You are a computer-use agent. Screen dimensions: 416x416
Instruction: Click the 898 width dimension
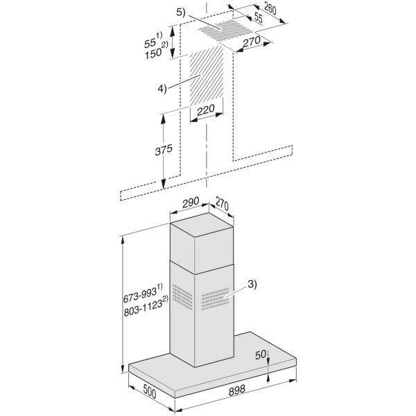point(236,390)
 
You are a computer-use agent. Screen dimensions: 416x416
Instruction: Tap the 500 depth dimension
point(149,391)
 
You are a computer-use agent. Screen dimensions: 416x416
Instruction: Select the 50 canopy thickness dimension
point(260,355)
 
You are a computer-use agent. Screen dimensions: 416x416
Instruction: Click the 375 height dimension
point(164,150)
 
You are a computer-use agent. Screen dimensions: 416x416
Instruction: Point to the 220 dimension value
point(206,110)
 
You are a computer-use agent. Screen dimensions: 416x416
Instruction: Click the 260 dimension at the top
point(270,10)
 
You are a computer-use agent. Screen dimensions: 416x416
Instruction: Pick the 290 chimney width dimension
point(191,202)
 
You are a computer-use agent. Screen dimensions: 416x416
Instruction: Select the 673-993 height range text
point(143,294)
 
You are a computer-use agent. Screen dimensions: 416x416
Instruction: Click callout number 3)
point(252,285)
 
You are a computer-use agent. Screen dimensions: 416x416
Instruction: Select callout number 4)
point(162,89)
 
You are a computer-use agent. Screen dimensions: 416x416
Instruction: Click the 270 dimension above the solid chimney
point(222,204)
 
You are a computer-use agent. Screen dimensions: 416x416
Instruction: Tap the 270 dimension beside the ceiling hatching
point(252,42)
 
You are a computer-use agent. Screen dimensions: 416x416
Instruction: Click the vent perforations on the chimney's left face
point(182,297)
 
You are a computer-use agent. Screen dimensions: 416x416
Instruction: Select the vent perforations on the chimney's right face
point(215,299)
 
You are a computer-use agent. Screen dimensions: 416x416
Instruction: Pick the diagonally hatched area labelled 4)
point(207,76)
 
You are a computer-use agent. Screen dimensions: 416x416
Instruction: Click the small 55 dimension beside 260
point(258,18)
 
